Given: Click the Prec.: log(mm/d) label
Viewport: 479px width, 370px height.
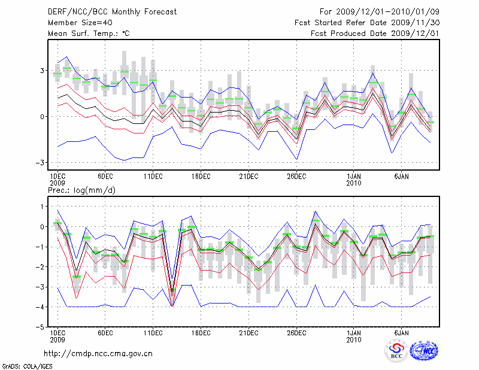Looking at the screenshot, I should (x=81, y=190).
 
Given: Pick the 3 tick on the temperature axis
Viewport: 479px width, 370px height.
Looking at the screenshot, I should (x=43, y=71).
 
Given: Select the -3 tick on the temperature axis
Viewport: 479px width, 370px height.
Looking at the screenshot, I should (x=41, y=163).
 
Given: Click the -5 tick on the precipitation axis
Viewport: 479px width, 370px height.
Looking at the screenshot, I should (x=41, y=328).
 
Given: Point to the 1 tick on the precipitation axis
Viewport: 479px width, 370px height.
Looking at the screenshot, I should (x=43, y=207).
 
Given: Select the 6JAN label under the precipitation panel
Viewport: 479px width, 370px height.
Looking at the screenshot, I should (x=402, y=332).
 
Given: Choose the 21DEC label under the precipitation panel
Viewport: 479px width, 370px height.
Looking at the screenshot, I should (x=248, y=332).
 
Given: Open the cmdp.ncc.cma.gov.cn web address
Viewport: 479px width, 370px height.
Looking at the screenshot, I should (x=98, y=354).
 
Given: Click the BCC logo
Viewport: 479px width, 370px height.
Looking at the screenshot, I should (x=396, y=351).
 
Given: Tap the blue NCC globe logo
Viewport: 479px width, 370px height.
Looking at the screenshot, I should (x=424, y=351).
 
